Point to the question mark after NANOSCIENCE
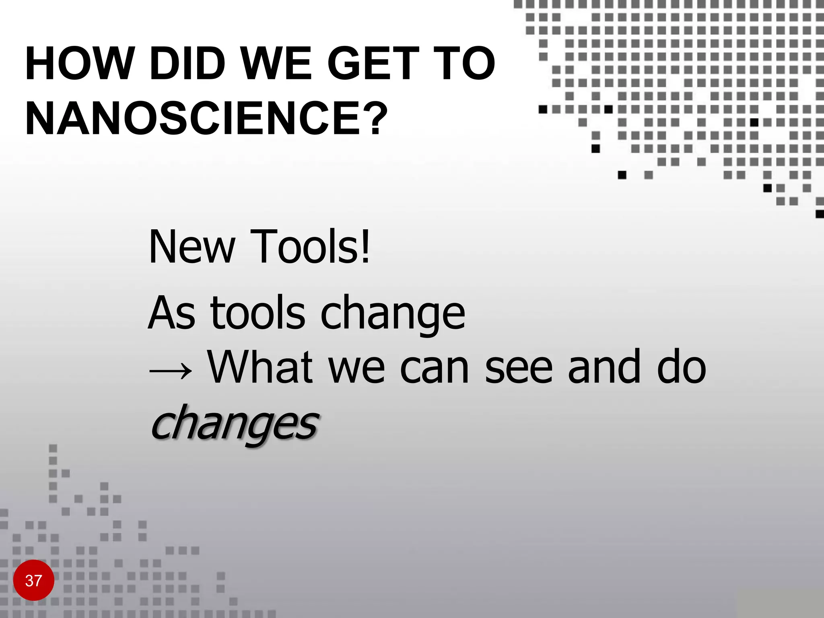(379, 118)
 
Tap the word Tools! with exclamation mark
(310, 247)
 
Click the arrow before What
(171, 371)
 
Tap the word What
(260, 367)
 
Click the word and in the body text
(604, 367)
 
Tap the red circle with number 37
(33, 581)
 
